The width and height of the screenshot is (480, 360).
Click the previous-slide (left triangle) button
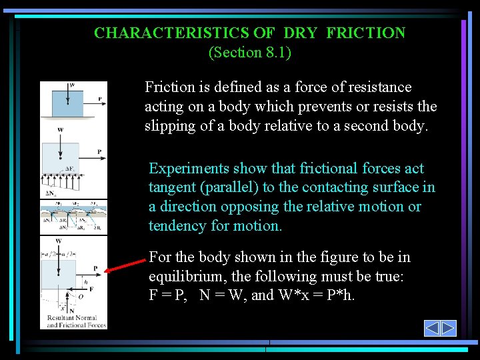(x=432, y=328)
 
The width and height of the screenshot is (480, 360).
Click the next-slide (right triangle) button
(x=449, y=328)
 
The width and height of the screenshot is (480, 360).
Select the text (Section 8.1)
(x=249, y=53)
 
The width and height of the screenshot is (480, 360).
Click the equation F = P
(x=167, y=295)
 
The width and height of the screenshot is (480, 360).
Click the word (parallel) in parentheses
(x=235, y=187)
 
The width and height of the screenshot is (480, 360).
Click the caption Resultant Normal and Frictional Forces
(x=73, y=322)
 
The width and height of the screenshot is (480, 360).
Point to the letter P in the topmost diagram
(x=99, y=99)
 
